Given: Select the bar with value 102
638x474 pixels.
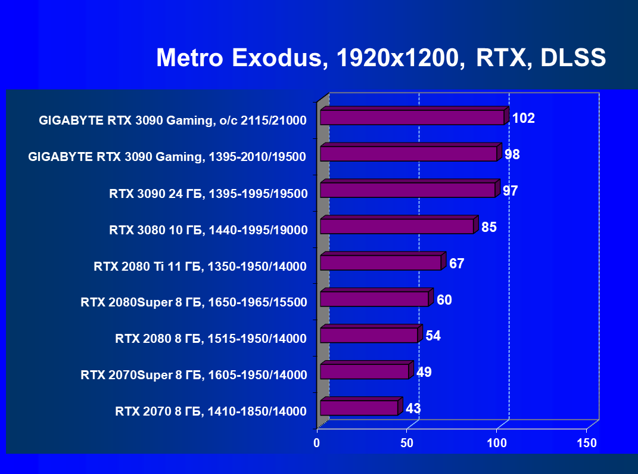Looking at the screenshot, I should coord(412,117).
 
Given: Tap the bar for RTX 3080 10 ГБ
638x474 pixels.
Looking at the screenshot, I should coord(397,226).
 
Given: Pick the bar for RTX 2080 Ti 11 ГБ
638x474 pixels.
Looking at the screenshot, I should coord(381,262).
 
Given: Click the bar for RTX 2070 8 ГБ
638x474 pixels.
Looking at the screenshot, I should coord(359,408).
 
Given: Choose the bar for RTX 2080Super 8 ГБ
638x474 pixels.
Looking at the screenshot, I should coord(374,299).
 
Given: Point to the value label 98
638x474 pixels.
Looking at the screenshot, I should coord(512,154).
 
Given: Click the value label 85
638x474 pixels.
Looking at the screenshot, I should coord(489,227).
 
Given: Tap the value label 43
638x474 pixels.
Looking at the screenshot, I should coord(413,409).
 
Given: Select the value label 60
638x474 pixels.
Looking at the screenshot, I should coord(444,300).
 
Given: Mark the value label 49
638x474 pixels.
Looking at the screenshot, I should coord(424,373).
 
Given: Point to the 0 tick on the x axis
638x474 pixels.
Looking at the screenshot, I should coord(317,443).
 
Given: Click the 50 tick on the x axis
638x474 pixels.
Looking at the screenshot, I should coord(407,443).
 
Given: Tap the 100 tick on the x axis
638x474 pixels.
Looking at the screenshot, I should coord(497,443).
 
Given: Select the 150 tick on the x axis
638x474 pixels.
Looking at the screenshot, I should coord(587,443).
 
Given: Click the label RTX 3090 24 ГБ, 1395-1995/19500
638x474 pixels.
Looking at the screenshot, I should coord(208,193).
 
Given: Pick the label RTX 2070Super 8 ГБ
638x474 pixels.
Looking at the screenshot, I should coord(194,375).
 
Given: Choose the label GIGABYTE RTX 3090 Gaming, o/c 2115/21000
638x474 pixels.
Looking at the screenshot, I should coord(173,120).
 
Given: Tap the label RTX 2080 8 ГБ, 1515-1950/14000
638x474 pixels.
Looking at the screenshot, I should coord(211,339).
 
